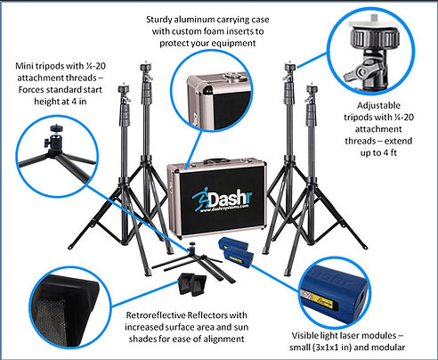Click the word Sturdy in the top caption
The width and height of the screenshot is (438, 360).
(x=159, y=20)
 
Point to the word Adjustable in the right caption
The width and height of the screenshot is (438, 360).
(x=378, y=106)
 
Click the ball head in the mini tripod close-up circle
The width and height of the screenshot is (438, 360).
(x=54, y=139)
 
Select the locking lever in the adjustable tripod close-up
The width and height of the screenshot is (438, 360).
(x=361, y=71)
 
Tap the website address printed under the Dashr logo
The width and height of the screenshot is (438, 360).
(x=224, y=209)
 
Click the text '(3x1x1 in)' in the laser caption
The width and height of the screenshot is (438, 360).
(x=332, y=348)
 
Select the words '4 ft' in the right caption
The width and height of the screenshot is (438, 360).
(x=389, y=152)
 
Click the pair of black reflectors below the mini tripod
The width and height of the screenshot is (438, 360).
(x=192, y=284)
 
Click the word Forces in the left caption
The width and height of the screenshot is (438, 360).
(x=31, y=89)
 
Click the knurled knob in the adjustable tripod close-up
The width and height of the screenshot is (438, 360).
(x=375, y=38)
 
